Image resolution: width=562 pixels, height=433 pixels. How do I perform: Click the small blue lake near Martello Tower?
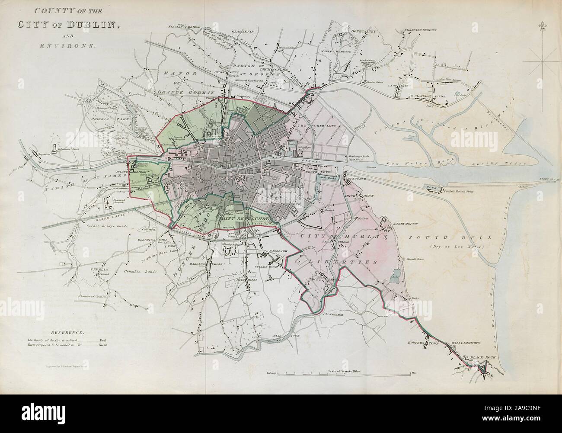395,279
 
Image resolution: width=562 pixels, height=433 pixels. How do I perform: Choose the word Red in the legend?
103,340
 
